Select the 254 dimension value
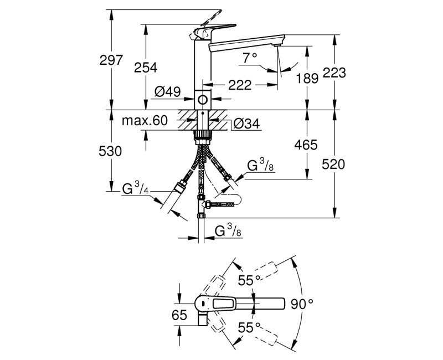[x=146, y=68]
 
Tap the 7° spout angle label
[x=250, y=56]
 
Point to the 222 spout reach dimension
[x=240, y=85]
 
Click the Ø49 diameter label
[x=168, y=92]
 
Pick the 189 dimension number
[x=307, y=78]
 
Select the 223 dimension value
[x=335, y=73]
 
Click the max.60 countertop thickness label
[x=145, y=121]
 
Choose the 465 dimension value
[x=306, y=145]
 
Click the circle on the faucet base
[x=203, y=101]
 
